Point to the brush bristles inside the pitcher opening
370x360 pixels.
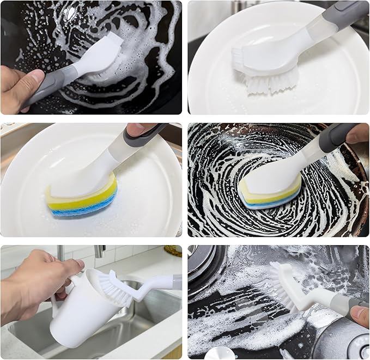tap(111, 285)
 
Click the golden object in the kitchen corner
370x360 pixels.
tap(173, 251)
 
